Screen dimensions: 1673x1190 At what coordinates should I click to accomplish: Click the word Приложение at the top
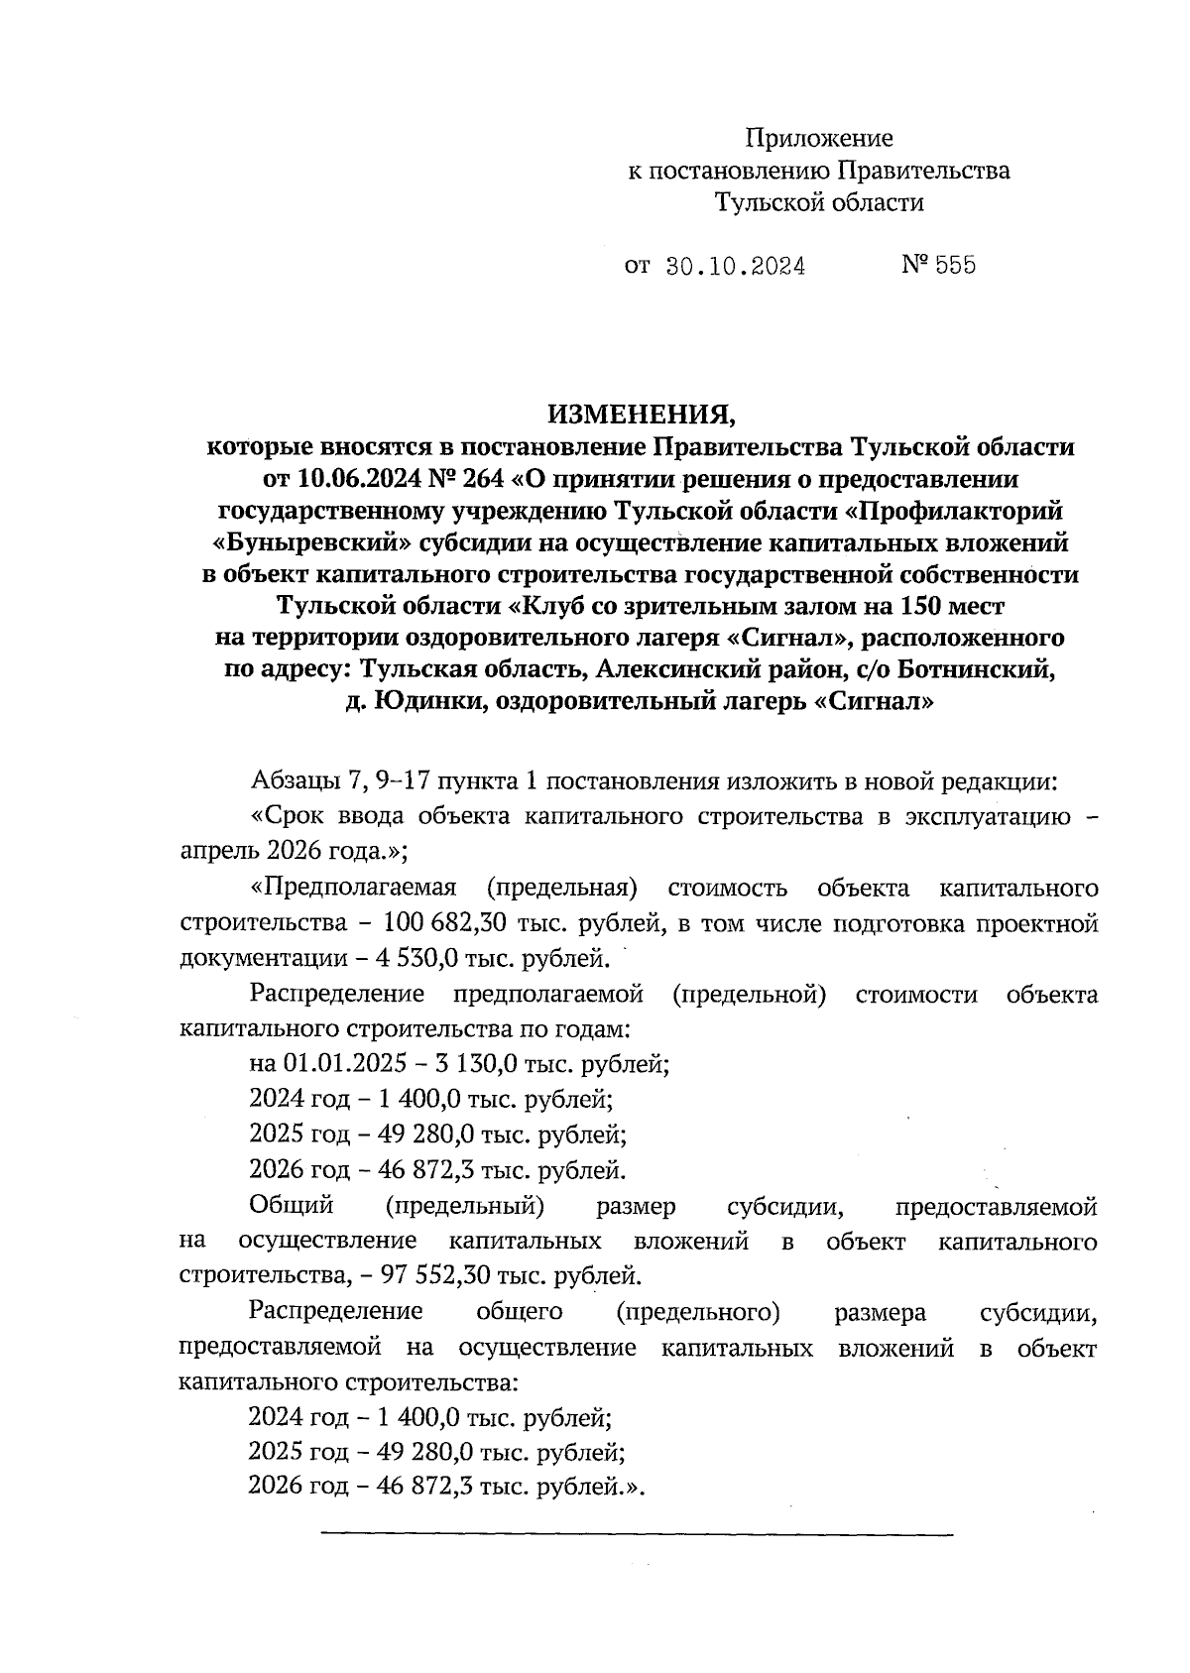pyautogui.click(x=819, y=138)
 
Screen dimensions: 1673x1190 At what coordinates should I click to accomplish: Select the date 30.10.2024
pyautogui.click(x=735, y=266)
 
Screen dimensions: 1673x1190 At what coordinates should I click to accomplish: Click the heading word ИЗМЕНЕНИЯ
pyautogui.click(x=640, y=413)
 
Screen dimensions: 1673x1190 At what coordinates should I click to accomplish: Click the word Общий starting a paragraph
pyautogui.click(x=291, y=1206)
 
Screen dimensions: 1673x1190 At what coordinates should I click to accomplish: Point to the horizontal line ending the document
pyautogui.click(x=635, y=1535)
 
